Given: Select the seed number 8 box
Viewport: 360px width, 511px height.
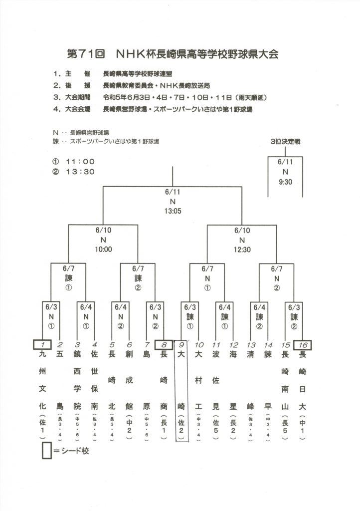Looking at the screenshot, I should coord(164,344).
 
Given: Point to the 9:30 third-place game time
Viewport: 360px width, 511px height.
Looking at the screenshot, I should coord(286,182).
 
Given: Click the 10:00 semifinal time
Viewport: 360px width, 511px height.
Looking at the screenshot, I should coord(104,250).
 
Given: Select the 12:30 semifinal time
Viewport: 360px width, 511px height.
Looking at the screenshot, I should coord(242,250).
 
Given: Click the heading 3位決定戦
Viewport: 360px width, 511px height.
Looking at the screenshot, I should coord(286,142).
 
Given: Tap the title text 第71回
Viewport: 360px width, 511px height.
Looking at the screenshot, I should coord(84,53).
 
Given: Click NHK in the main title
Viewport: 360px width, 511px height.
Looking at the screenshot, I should coord(130,53).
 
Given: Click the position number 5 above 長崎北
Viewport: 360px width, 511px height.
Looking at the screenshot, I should coord(112,344).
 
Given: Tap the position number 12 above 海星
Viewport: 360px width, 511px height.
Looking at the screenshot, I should coord(233,344).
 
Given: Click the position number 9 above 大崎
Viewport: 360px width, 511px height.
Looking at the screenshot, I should coord(181,344).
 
